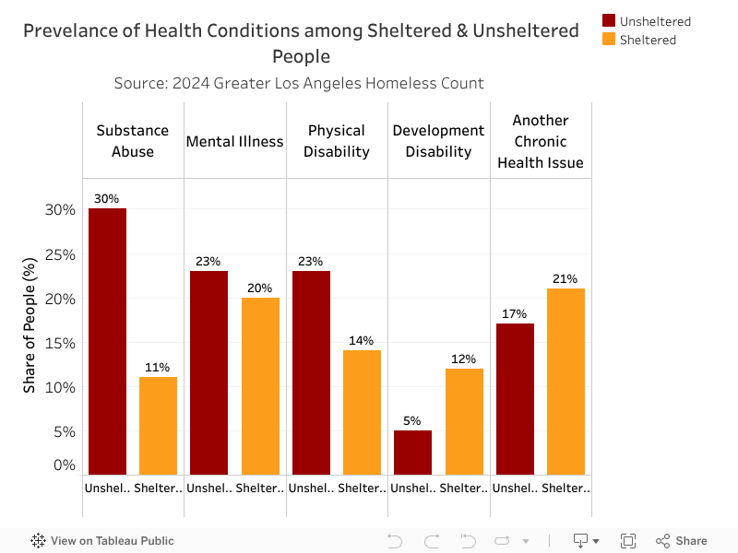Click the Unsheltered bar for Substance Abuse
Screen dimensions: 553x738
[x=107, y=341]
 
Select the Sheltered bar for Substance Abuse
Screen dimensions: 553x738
[x=158, y=425]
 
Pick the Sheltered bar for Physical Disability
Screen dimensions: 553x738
[x=362, y=412]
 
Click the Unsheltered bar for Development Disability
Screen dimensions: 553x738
[x=412, y=452]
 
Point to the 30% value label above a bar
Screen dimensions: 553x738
[x=107, y=198]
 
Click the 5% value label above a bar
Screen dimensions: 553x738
[x=412, y=421]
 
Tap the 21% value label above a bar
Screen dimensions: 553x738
[x=565, y=278]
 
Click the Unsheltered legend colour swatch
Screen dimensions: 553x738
[x=609, y=21]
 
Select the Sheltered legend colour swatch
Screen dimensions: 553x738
[x=609, y=40]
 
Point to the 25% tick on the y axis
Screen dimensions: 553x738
[x=62, y=254]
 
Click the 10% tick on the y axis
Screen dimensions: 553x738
[x=62, y=387]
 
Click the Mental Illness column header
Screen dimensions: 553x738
[x=235, y=141]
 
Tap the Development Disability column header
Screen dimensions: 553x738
[x=438, y=141]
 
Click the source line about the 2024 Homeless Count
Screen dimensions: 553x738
[x=299, y=83]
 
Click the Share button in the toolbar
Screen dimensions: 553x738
[x=682, y=541]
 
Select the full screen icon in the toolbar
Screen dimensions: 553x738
[x=628, y=541]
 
